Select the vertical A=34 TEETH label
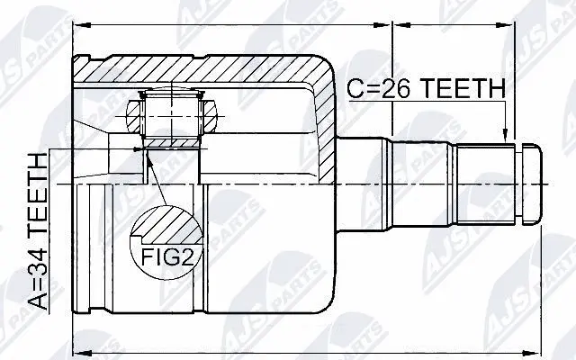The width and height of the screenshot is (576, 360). [x=40, y=231]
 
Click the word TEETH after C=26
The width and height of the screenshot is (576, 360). [x=456, y=88]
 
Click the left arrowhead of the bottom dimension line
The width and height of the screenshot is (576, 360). [x=76, y=348]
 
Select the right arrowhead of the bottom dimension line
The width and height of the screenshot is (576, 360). [x=539, y=348]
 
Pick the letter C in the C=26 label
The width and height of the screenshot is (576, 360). [x=355, y=88]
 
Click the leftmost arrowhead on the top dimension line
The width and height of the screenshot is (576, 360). [x=76, y=28]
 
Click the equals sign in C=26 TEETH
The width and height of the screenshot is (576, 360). [x=368, y=88]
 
